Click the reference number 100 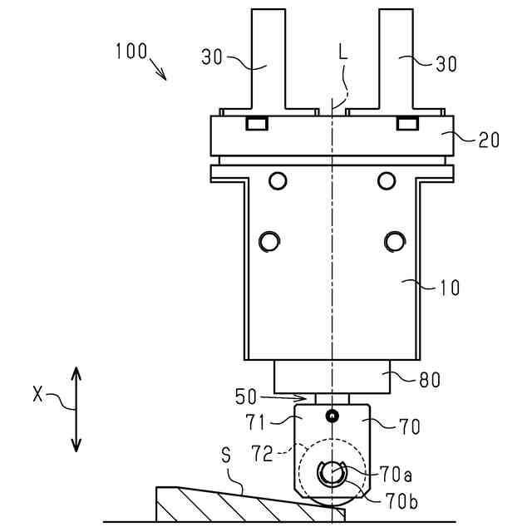131,52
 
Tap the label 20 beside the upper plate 489,140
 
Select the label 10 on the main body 450,288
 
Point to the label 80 430,380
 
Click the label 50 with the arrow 246,397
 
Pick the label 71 255,422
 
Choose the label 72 263,454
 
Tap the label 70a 396,475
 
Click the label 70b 401,501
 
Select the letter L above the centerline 343,52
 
